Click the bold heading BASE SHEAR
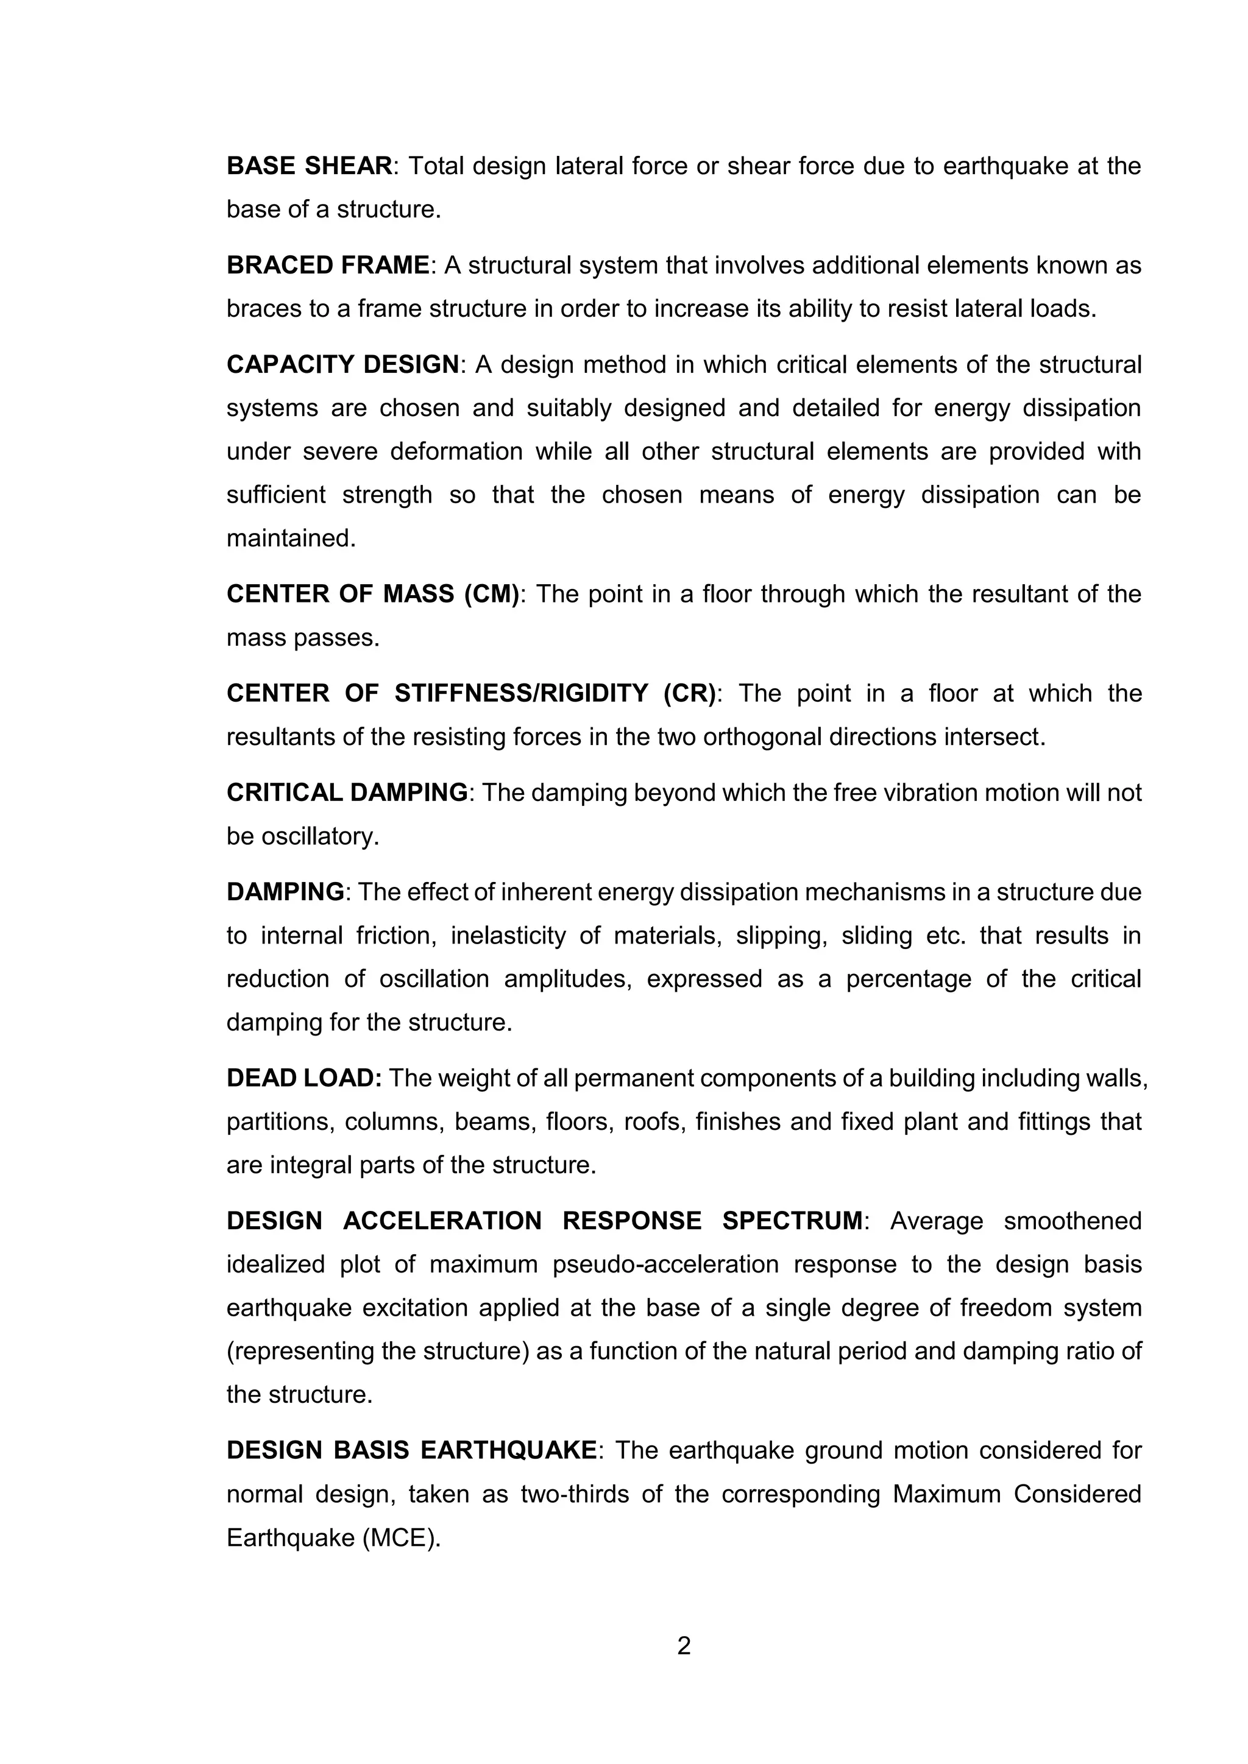[x=309, y=166]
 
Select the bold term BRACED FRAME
[x=327, y=265]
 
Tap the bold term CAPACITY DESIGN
[x=342, y=364]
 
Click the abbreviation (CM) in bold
[x=492, y=594]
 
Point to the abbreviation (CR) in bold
[x=689, y=693]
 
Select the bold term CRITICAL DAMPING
[x=347, y=792]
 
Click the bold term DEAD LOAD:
[x=303, y=1078]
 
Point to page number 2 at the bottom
[x=684, y=1646]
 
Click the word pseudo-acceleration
[x=665, y=1264]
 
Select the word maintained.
[x=291, y=538]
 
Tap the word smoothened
[x=1072, y=1221]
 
